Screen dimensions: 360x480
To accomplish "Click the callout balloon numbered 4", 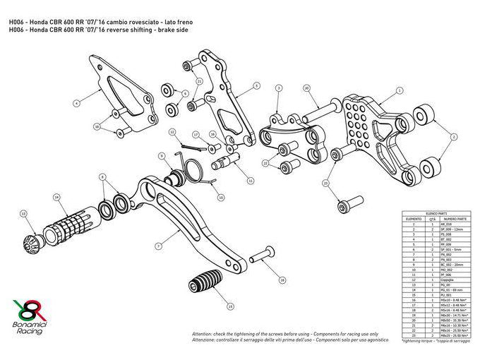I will [x=76, y=103].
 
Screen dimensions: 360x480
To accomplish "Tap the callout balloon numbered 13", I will [x=23, y=212].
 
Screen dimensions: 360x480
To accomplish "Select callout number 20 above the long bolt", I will [x=306, y=88].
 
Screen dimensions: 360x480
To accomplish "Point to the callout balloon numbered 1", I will [x=400, y=90].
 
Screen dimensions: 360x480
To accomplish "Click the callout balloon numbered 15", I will [x=230, y=306].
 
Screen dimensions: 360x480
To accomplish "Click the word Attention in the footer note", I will [x=203, y=333].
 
